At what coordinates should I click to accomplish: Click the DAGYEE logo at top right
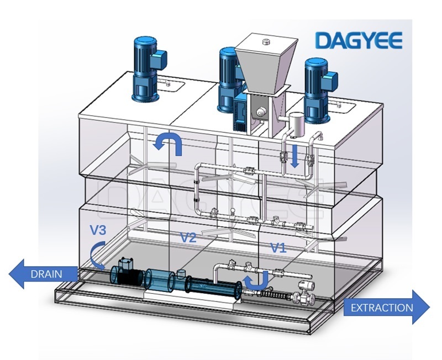359,40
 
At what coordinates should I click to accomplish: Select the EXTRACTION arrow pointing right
387,308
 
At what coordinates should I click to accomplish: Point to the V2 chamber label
188,237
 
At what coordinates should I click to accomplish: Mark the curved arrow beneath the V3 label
96,255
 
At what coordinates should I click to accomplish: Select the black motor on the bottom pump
128,272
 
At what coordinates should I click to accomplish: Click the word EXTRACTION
382,308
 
